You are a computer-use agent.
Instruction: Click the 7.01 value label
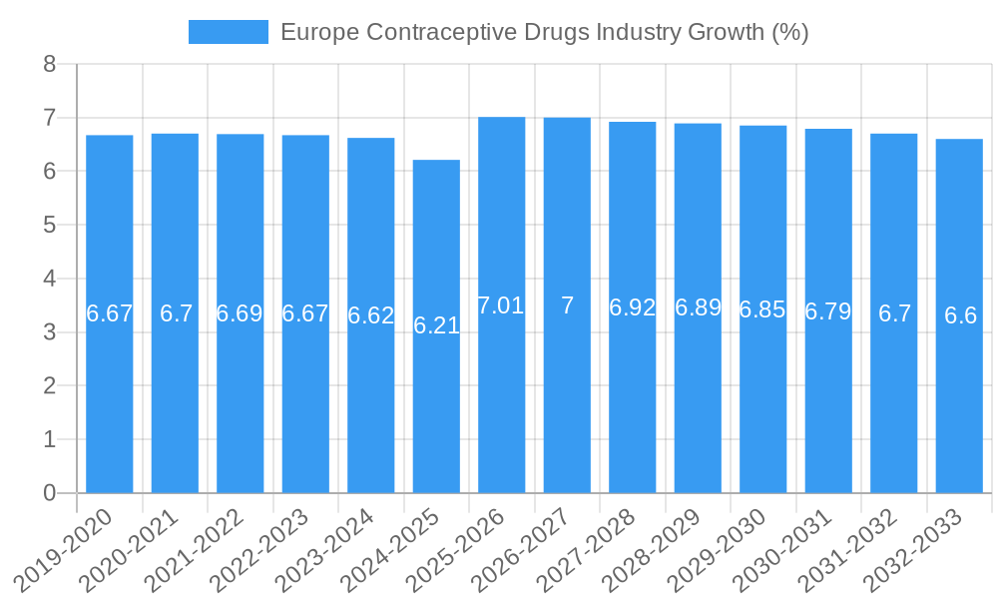(x=501, y=305)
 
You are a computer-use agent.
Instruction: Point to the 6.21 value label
(x=436, y=325)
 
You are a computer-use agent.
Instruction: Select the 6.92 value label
(x=633, y=307)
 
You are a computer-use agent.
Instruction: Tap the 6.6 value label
(x=960, y=315)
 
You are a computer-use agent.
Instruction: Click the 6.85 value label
(x=762, y=309)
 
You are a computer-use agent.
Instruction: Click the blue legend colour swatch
(x=229, y=32)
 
